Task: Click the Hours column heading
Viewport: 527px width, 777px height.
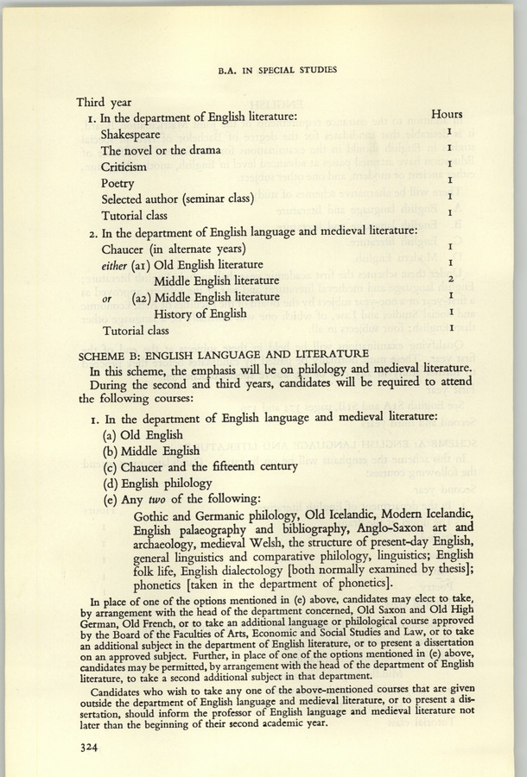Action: (447, 114)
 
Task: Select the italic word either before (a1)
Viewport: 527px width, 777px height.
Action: (114, 264)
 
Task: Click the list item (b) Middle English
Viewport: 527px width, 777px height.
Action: (151, 451)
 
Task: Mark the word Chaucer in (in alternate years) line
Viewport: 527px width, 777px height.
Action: (128, 248)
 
